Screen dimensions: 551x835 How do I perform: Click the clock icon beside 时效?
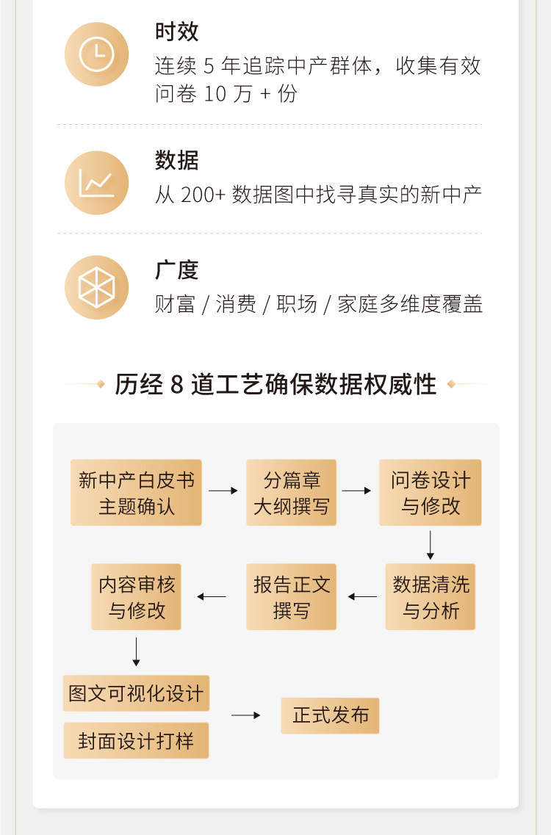point(96,54)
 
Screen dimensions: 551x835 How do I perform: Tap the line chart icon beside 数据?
point(96,182)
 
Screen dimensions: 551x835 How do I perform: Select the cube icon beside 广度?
point(96,287)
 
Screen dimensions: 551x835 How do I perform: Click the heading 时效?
point(176,32)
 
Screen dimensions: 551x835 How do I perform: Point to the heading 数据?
point(176,160)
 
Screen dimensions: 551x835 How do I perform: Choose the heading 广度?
point(176,270)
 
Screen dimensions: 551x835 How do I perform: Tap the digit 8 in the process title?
point(176,384)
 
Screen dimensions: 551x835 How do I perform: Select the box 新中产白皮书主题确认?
point(136,493)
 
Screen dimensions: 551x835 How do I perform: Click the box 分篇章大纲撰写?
point(291,493)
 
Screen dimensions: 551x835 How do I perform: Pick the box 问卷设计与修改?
point(430,493)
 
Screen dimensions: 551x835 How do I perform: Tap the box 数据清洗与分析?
point(430,597)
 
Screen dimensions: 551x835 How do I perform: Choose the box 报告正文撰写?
point(291,597)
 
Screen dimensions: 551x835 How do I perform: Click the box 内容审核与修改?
point(136,597)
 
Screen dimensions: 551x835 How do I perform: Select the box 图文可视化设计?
point(136,693)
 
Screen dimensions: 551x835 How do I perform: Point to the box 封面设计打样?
point(136,740)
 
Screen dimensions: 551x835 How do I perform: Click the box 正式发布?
point(330,715)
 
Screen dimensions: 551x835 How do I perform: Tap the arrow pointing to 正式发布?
point(245,715)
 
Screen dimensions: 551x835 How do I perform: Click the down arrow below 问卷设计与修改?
point(431,545)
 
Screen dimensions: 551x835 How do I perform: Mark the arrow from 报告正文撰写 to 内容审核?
point(212,596)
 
